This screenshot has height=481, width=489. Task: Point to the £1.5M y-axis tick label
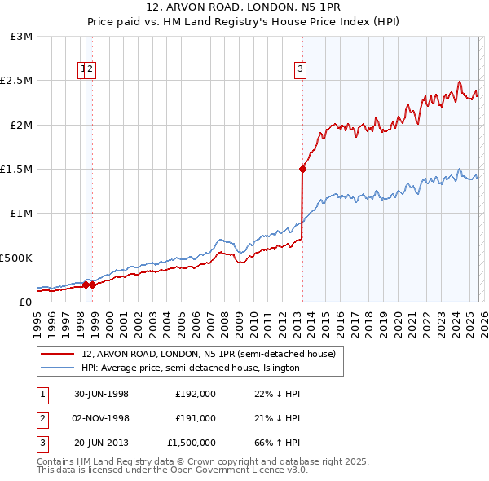point(17,170)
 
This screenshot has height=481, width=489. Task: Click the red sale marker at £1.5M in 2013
point(302,170)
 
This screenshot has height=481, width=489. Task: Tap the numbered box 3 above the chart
point(301,69)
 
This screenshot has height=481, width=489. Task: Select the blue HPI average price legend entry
point(191,368)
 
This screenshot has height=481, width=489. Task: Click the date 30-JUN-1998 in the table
point(101,393)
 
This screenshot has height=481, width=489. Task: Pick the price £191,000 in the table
point(196,418)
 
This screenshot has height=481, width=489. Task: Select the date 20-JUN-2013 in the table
point(101,443)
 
